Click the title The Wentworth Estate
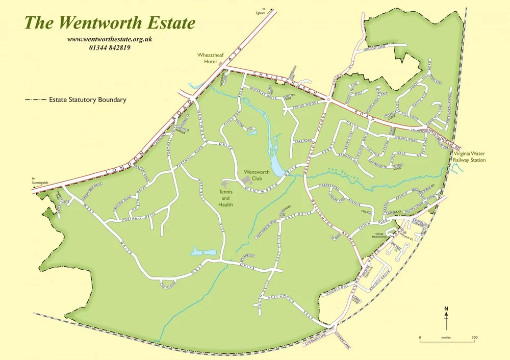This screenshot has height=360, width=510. pos(110,23)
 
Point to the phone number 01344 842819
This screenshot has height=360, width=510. pos(110,48)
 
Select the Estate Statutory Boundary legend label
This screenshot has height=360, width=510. pos(87,100)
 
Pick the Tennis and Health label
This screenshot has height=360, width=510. pos(226,198)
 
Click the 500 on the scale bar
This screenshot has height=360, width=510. pos(474,338)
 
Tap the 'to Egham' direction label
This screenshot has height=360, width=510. pos(264,10)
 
